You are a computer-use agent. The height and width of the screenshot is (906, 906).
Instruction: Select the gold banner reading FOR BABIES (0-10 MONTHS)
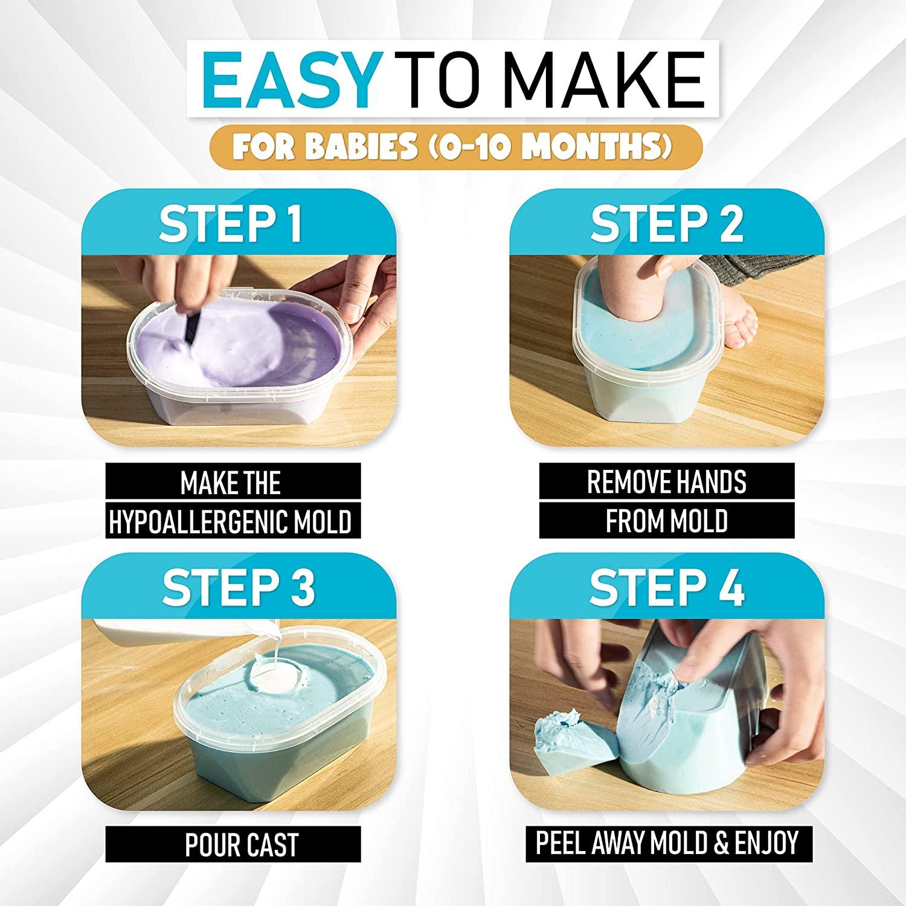(455, 146)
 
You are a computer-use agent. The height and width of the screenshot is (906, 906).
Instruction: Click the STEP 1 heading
(231, 223)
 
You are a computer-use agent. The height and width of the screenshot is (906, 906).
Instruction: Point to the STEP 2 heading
(667, 223)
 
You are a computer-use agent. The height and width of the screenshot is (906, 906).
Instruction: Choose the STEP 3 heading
(239, 587)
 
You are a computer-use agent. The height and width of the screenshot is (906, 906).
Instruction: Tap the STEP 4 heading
(667, 587)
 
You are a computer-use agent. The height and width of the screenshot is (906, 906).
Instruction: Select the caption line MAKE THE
(231, 483)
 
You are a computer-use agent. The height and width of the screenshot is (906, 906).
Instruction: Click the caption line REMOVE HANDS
(667, 482)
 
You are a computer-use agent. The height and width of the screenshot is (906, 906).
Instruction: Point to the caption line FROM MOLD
(667, 521)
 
